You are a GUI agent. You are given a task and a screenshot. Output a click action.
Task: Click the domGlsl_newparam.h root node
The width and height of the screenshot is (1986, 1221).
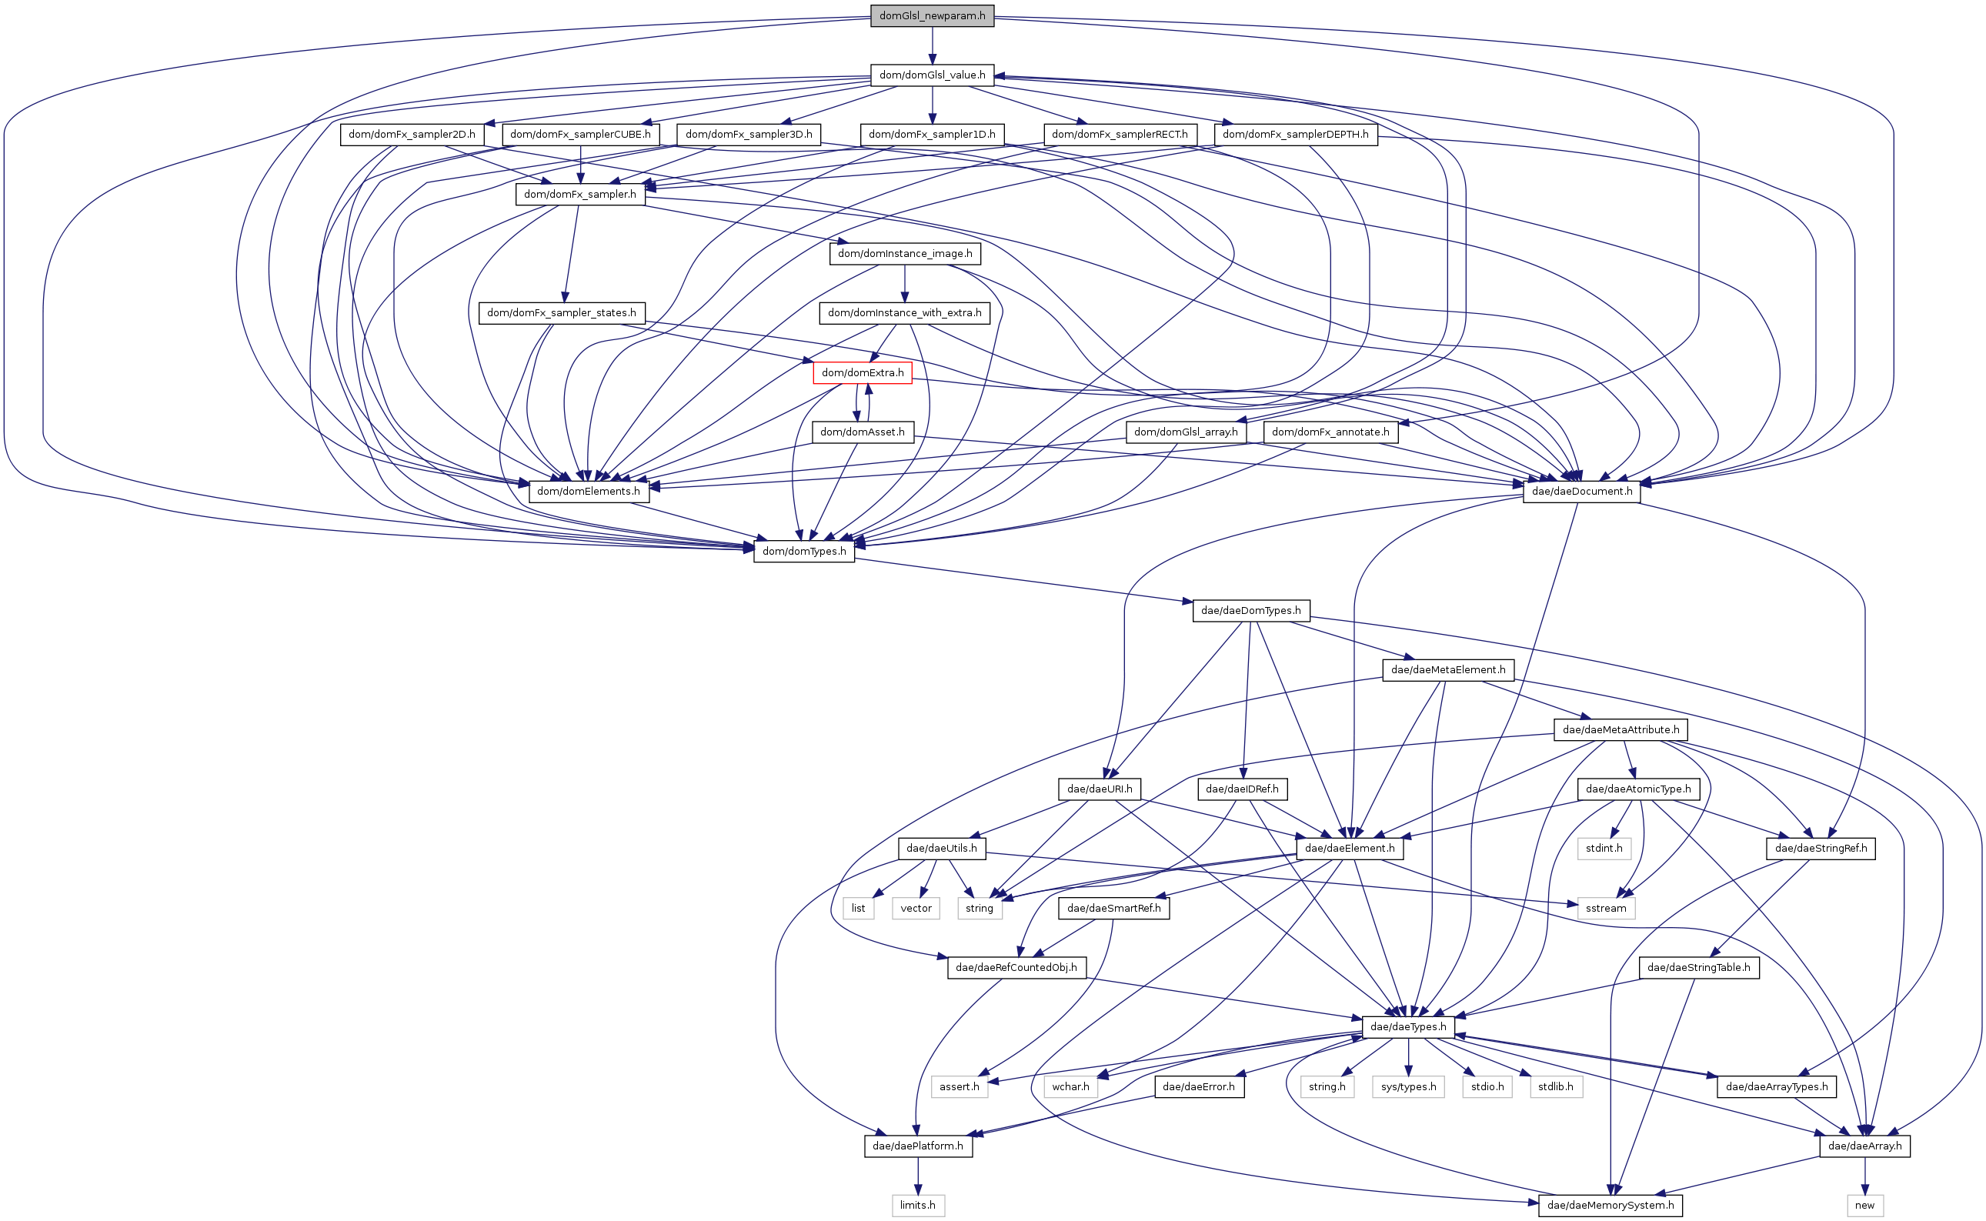932,15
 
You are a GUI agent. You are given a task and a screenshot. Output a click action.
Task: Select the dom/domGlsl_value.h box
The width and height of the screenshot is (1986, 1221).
932,75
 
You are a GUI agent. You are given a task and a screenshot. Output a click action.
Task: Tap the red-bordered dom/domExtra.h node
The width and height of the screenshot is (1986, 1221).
863,372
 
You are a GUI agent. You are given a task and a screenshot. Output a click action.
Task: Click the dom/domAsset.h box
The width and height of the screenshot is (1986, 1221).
863,432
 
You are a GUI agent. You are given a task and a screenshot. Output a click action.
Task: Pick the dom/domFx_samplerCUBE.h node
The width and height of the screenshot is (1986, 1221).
580,134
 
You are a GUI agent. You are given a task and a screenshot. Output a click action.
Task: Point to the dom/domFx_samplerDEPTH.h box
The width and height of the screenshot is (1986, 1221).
1296,134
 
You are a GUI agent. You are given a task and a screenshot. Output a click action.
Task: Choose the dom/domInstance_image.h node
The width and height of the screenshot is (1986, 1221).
905,254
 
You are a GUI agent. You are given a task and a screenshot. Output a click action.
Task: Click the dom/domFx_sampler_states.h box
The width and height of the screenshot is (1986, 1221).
561,312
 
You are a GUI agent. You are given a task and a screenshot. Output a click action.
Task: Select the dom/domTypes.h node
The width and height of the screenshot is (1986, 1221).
803,551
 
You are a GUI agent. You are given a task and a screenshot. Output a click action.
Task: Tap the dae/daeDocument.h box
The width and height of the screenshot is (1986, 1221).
1581,491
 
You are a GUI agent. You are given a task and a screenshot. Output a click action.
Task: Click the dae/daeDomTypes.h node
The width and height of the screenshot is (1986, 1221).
1250,611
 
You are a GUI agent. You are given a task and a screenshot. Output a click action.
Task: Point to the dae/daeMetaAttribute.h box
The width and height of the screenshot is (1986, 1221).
1621,729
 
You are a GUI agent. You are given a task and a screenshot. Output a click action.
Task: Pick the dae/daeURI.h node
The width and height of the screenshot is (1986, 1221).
1100,789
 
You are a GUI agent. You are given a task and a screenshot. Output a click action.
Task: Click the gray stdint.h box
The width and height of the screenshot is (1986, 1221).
1603,848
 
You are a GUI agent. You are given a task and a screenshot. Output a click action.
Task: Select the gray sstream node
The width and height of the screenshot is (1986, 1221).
1606,908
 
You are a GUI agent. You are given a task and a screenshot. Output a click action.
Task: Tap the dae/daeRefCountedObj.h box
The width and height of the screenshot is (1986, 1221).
1016,967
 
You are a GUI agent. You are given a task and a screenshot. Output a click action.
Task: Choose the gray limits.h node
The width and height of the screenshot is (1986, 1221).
917,1205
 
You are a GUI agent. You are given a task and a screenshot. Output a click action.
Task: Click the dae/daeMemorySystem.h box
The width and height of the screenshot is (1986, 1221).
1610,1205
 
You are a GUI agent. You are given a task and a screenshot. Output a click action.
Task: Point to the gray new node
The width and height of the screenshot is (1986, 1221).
1865,1205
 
